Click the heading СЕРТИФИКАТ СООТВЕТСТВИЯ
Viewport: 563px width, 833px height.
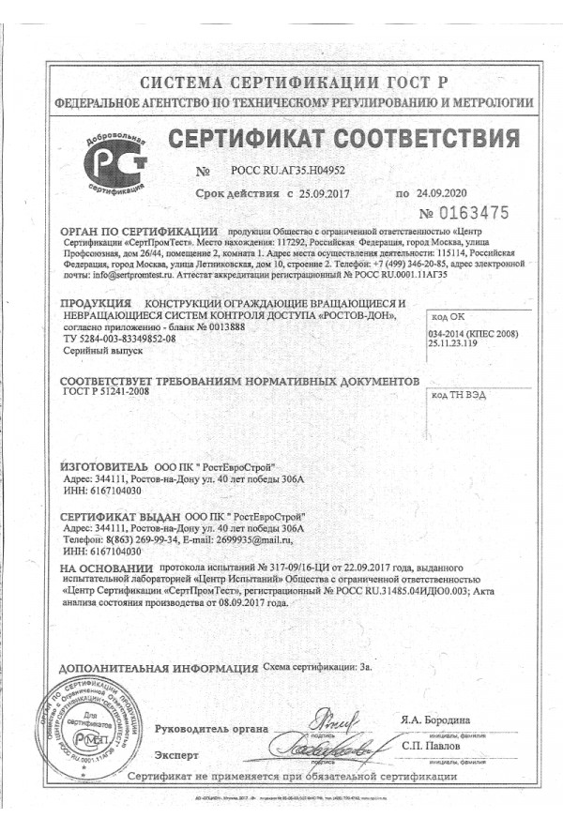click(x=342, y=141)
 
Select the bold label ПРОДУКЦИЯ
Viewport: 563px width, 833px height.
click(x=95, y=305)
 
